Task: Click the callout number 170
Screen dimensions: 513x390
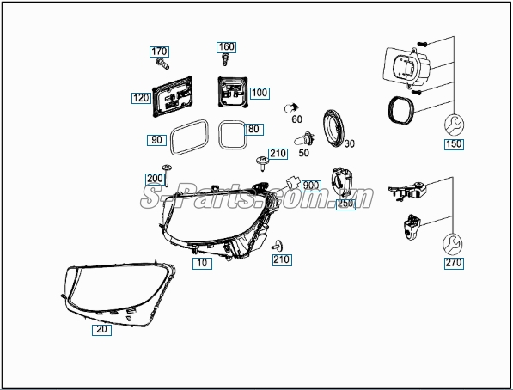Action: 159,52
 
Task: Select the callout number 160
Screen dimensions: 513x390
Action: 226,47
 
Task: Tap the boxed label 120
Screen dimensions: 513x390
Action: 141,98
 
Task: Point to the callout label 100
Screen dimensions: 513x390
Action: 260,93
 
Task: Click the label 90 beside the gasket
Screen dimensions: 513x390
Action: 156,140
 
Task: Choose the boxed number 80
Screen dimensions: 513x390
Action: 253,129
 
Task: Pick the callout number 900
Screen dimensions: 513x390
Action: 311,186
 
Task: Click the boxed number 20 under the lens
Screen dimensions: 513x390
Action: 101,330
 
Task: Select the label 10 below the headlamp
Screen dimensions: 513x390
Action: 202,263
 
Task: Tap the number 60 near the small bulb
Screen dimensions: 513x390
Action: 296,119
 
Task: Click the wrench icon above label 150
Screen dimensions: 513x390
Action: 454,125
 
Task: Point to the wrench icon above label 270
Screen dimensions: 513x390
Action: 453,244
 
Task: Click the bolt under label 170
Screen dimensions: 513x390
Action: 162,64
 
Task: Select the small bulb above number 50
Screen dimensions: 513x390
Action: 304,139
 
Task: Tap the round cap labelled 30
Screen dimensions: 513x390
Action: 333,128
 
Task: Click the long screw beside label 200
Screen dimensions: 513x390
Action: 167,176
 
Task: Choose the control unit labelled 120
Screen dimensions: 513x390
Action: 172,96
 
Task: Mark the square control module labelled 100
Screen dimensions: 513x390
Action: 233,92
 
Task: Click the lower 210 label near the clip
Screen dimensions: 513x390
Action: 282,259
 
